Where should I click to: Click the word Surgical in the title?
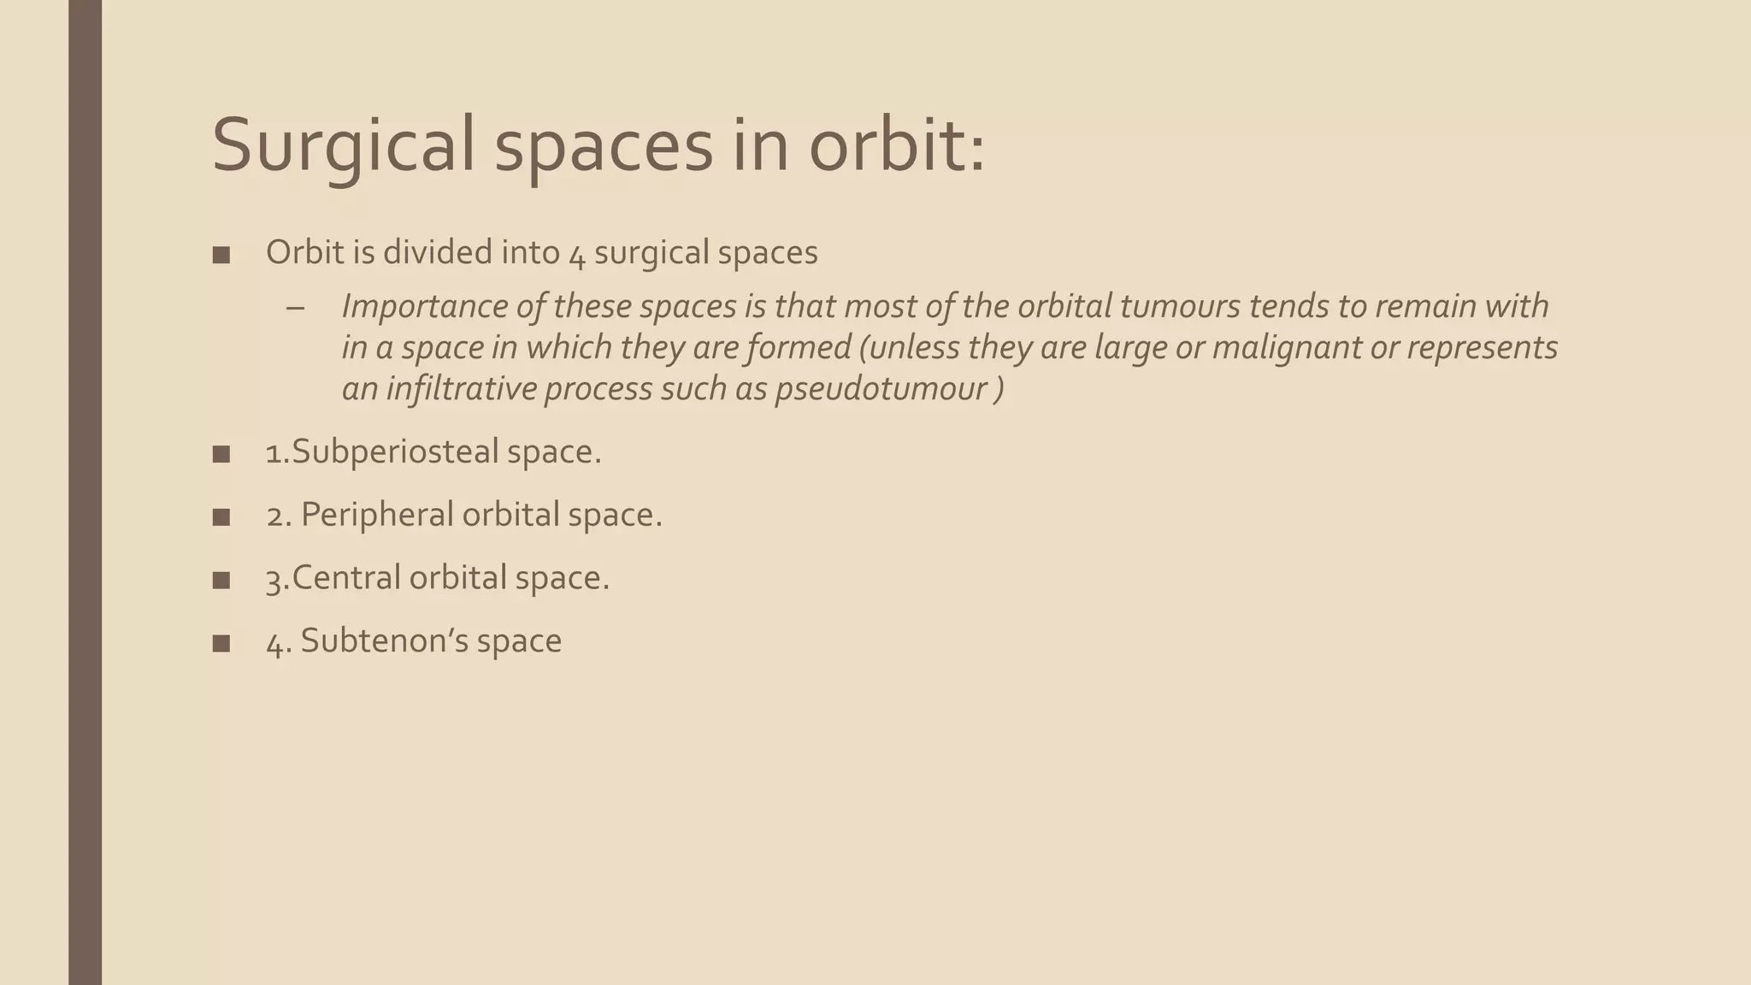(x=342, y=145)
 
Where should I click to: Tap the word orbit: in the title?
(x=897, y=145)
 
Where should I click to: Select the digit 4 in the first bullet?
(x=576, y=254)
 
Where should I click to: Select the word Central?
(x=345, y=578)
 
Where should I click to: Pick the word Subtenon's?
(x=383, y=641)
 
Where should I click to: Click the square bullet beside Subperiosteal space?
(x=221, y=454)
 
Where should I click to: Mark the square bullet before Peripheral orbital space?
(x=221, y=516)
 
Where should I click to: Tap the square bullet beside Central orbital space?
(x=221, y=580)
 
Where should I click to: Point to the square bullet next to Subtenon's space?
(x=221, y=643)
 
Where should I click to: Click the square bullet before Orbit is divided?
(x=221, y=255)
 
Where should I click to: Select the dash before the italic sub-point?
(x=296, y=307)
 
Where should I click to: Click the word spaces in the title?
(x=604, y=145)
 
